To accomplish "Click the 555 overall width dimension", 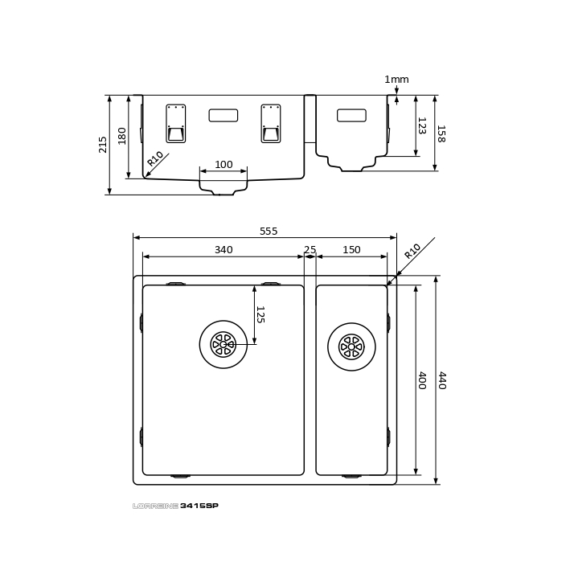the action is tap(269, 232).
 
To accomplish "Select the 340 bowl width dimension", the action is tap(223, 250).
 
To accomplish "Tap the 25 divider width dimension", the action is tap(310, 250).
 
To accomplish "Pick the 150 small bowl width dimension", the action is tap(351, 250).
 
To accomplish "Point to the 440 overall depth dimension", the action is tap(442, 380).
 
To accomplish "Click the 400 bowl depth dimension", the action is tap(422, 380).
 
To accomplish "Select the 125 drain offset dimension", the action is tap(260, 314).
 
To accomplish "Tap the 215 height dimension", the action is tap(103, 145).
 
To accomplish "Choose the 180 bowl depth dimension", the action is tap(122, 136).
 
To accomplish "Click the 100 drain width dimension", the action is tap(223, 165).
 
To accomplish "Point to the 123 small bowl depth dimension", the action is tap(422, 125).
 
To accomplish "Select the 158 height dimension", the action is tap(441, 133).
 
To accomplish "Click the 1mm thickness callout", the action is tap(396, 80).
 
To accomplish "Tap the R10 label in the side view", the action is tap(155, 158).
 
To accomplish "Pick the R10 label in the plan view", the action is tap(412, 251).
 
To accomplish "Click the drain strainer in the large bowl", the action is tap(223, 344).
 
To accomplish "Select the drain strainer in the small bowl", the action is tap(351, 347).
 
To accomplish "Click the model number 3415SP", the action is tap(199, 506).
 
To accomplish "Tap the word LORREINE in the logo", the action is tap(156, 506).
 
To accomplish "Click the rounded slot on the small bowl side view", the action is tap(351, 115).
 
